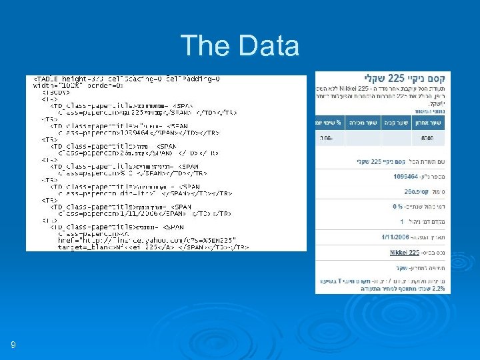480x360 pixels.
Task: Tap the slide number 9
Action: pyautogui.click(x=13, y=345)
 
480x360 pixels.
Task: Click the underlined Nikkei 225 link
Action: pyautogui.click(x=405, y=253)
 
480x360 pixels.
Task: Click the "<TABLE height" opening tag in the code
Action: pyautogui.click(x=61, y=78)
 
